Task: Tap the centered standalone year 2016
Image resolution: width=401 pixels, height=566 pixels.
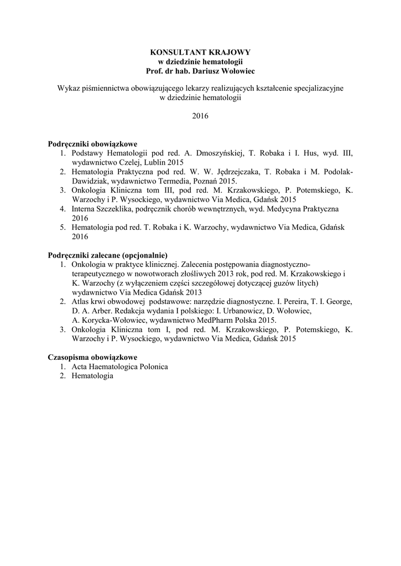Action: [200, 116]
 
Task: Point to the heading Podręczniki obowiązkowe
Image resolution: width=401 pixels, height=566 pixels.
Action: [92, 144]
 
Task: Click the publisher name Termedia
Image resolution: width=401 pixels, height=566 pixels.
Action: [170, 181]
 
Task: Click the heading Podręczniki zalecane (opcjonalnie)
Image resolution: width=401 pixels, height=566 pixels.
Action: [107, 255]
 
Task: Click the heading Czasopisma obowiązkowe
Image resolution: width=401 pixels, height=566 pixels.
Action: [92, 357]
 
